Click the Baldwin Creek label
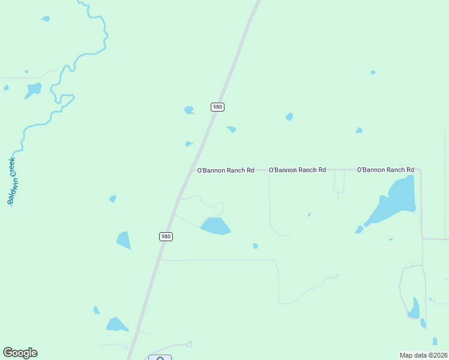13,181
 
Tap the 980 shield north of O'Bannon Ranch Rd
217,107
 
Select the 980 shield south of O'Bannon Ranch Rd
166,236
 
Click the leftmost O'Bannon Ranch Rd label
226,170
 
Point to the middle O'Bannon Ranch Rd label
297,170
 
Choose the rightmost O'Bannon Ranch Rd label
385,170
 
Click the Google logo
20,353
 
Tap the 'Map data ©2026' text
423,355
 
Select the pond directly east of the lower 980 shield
215,226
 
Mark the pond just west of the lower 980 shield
124,241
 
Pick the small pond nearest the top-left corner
46,19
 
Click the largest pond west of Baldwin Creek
33,90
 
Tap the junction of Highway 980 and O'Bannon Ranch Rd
193,170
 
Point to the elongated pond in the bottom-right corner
414,308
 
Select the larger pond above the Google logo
116,325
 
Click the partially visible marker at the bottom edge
160,358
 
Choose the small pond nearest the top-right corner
373,73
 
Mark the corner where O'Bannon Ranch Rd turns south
420,171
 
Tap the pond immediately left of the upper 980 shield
189,110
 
